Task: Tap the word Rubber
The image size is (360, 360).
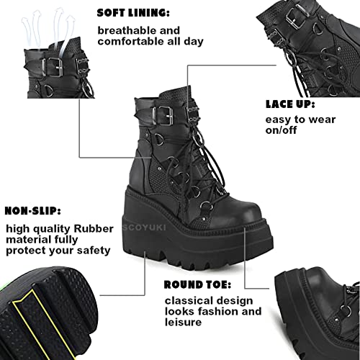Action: pos(94,228)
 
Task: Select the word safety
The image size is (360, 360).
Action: pos(94,251)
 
